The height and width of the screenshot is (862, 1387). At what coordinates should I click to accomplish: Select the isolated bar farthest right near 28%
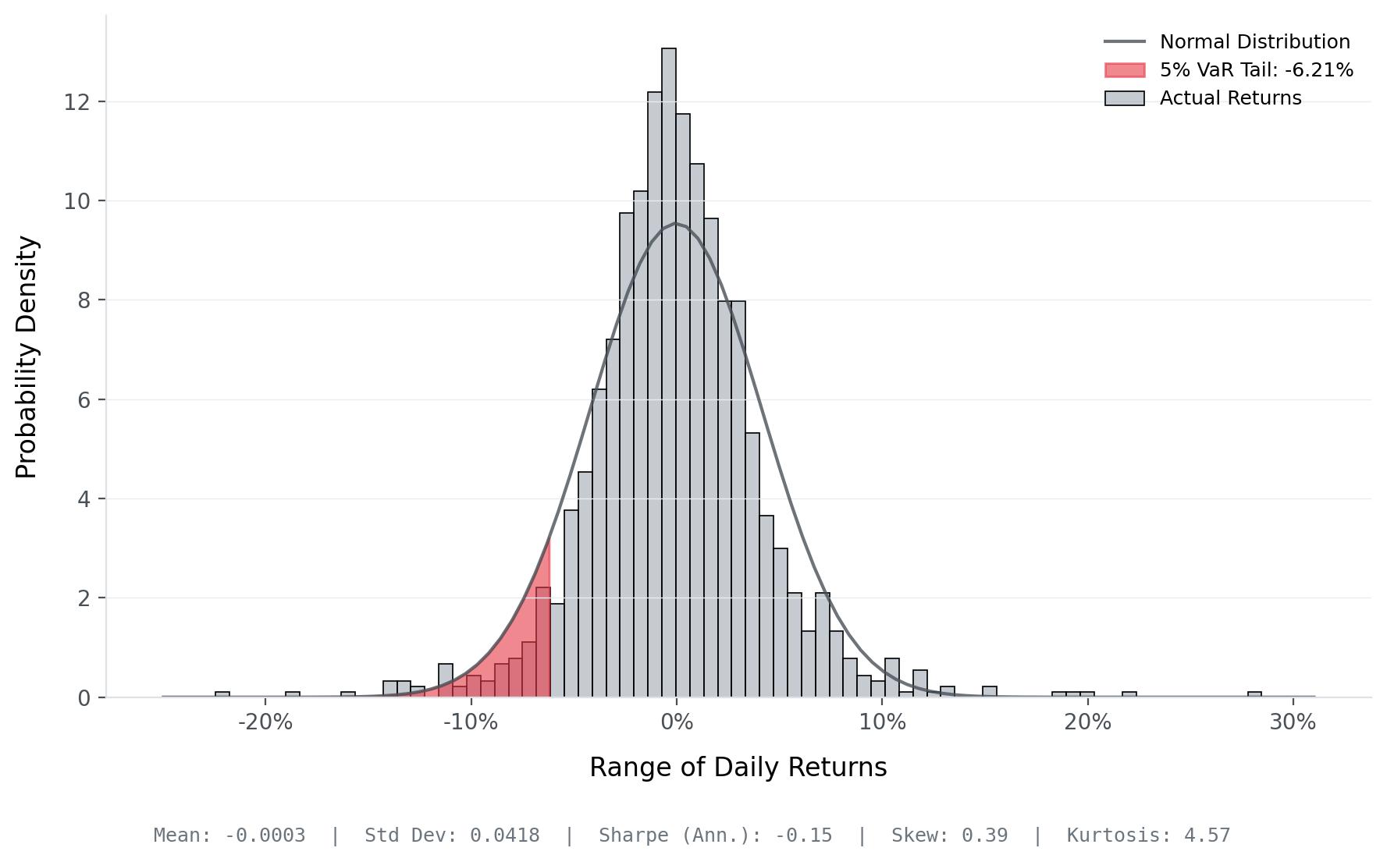pyautogui.click(x=1254, y=694)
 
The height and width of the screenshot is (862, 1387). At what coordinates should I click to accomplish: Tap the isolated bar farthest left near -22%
pyautogui.click(x=222, y=694)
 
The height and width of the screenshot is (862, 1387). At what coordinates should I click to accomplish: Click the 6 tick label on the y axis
pyautogui.click(x=84, y=400)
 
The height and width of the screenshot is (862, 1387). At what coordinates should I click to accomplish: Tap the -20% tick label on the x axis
pyautogui.click(x=265, y=722)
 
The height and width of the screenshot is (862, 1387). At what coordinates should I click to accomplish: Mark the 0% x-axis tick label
pyautogui.click(x=677, y=722)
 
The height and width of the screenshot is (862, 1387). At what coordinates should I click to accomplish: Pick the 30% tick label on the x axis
pyautogui.click(x=1293, y=722)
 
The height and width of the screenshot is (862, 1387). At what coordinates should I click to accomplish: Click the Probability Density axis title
pyautogui.click(x=27, y=357)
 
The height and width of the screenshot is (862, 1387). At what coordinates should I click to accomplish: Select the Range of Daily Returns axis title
pyautogui.click(x=738, y=768)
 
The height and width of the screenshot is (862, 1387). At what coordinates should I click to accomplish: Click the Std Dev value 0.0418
pyautogui.click(x=504, y=835)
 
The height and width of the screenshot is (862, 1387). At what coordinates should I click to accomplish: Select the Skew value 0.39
pyautogui.click(x=984, y=835)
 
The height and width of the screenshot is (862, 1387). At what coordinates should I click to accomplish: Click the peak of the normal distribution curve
pyautogui.click(x=676, y=224)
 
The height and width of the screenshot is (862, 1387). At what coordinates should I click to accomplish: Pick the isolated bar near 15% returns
pyautogui.click(x=989, y=692)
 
